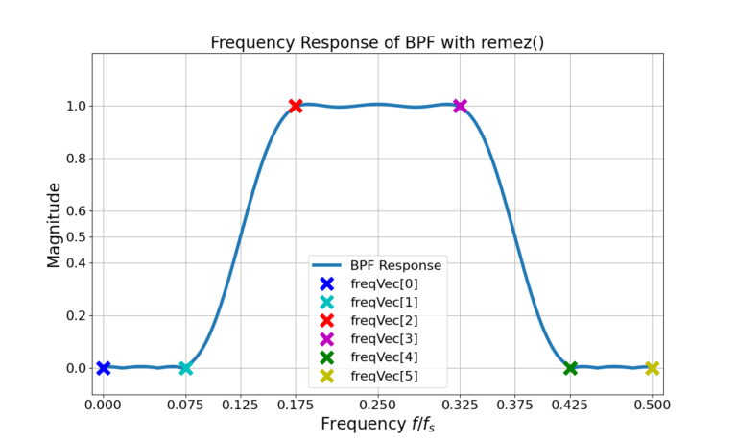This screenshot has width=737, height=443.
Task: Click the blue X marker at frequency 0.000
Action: [104, 368]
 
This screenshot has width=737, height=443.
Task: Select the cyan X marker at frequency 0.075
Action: [185, 368]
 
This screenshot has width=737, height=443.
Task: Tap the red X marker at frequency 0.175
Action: [296, 106]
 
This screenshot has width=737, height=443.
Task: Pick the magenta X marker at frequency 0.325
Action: [460, 106]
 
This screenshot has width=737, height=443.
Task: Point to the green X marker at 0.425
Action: [570, 368]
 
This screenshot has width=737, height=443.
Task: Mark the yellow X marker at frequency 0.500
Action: [652, 368]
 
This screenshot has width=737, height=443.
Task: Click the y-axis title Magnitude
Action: [54, 224]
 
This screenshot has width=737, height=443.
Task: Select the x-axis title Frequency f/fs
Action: [377, 424]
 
